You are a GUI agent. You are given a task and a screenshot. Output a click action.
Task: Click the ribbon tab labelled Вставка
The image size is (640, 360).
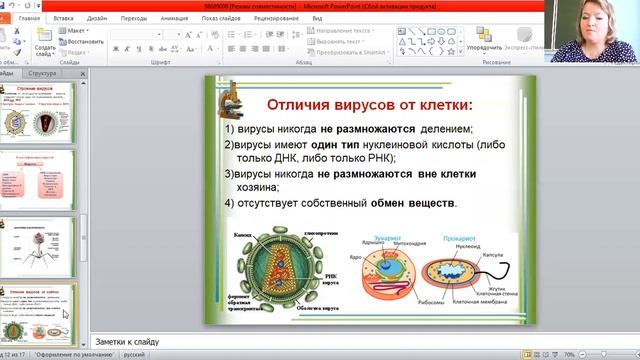point(63,18)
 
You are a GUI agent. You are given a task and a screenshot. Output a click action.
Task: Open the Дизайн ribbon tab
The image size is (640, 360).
point(97,18)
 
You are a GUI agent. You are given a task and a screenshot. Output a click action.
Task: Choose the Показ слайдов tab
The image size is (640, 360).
point(224,18)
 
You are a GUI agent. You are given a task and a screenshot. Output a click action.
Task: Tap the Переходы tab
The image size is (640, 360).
point(134,18)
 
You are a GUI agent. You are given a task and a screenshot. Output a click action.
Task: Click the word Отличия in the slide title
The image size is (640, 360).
point(303,105)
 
